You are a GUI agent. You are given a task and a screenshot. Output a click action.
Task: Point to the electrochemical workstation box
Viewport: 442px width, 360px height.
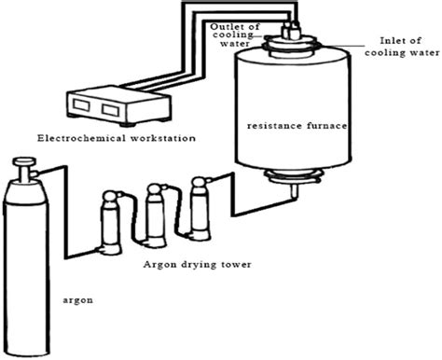[102, 106]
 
